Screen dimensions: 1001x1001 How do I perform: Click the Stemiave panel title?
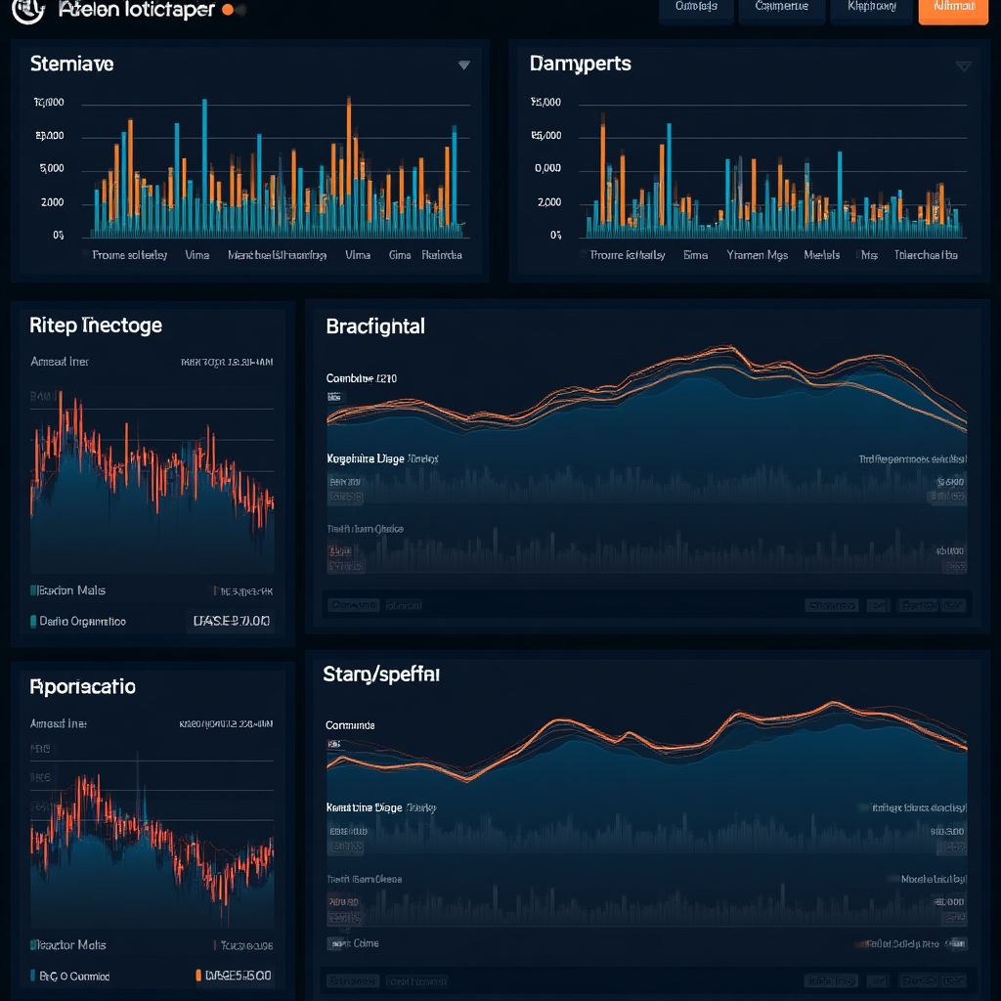71,65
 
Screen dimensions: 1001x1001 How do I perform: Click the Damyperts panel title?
580,65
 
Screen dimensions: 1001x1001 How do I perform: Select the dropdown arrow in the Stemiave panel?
464,65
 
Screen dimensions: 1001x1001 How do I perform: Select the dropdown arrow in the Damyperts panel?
963,66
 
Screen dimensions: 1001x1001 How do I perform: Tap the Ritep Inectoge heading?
96,326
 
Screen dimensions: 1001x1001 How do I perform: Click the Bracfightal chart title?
374,326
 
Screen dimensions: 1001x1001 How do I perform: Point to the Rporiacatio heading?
82,687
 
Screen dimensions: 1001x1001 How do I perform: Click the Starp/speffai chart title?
380,675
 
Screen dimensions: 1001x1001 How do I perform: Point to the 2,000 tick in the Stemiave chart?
51,202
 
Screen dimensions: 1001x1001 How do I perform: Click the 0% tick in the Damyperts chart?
555,235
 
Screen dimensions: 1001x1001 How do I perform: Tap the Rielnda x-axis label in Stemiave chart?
441,255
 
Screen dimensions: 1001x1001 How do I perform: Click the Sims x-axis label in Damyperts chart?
695,255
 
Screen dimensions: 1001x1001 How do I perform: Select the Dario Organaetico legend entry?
81,622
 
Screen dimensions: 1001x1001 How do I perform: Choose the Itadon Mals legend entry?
70,590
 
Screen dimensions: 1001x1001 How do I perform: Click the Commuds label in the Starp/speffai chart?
350,726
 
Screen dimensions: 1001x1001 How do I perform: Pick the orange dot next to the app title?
228,10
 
